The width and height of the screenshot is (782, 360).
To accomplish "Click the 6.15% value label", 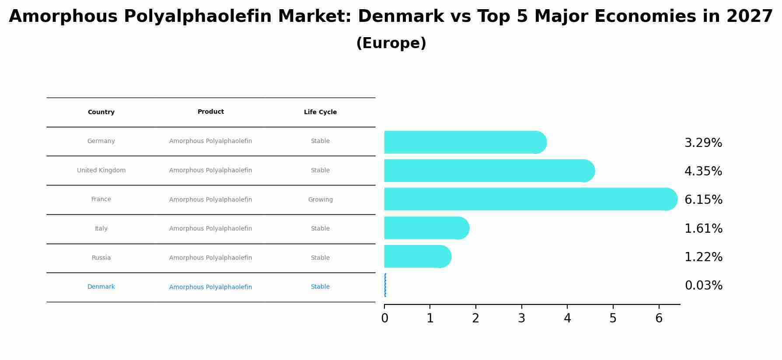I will pyautogui.click(x=703, y=200).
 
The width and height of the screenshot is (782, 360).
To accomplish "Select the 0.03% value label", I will pyautogui.click(x=703, y=286).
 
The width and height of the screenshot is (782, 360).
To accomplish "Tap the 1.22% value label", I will pyautogui.click(x=703, y=257).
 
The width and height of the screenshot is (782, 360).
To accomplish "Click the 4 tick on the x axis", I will pyautogui.click(x=567, y=318).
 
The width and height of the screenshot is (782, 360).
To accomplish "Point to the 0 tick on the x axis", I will pyautogui.click(x=384, y=318).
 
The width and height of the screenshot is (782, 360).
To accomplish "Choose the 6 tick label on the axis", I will pyautogui.click(x=659, y=318).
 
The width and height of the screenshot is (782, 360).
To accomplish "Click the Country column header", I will pyautogui.click(x=101, y=112).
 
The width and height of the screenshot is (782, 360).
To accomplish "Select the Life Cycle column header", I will pyautogui.click(x=320, y=112).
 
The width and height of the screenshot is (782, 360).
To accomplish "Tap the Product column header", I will pyautogui.click(x=210, y=112).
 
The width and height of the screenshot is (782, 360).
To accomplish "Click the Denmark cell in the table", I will pyautogui.click(x=101, y=287).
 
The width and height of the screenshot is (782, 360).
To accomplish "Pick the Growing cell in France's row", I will pyautogui.click(x=320, y=200).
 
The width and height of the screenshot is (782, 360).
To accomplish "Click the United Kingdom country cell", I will pyautogui.click(x=101, y=171).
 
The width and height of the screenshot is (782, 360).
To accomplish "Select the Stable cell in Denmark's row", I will pyautogui.click(x=320, y=287).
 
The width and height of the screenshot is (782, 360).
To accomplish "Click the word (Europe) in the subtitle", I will pyautogui.click(x=391, y=44).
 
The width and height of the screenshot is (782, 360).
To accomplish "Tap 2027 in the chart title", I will pyautogui.click(x=750, y=17).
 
